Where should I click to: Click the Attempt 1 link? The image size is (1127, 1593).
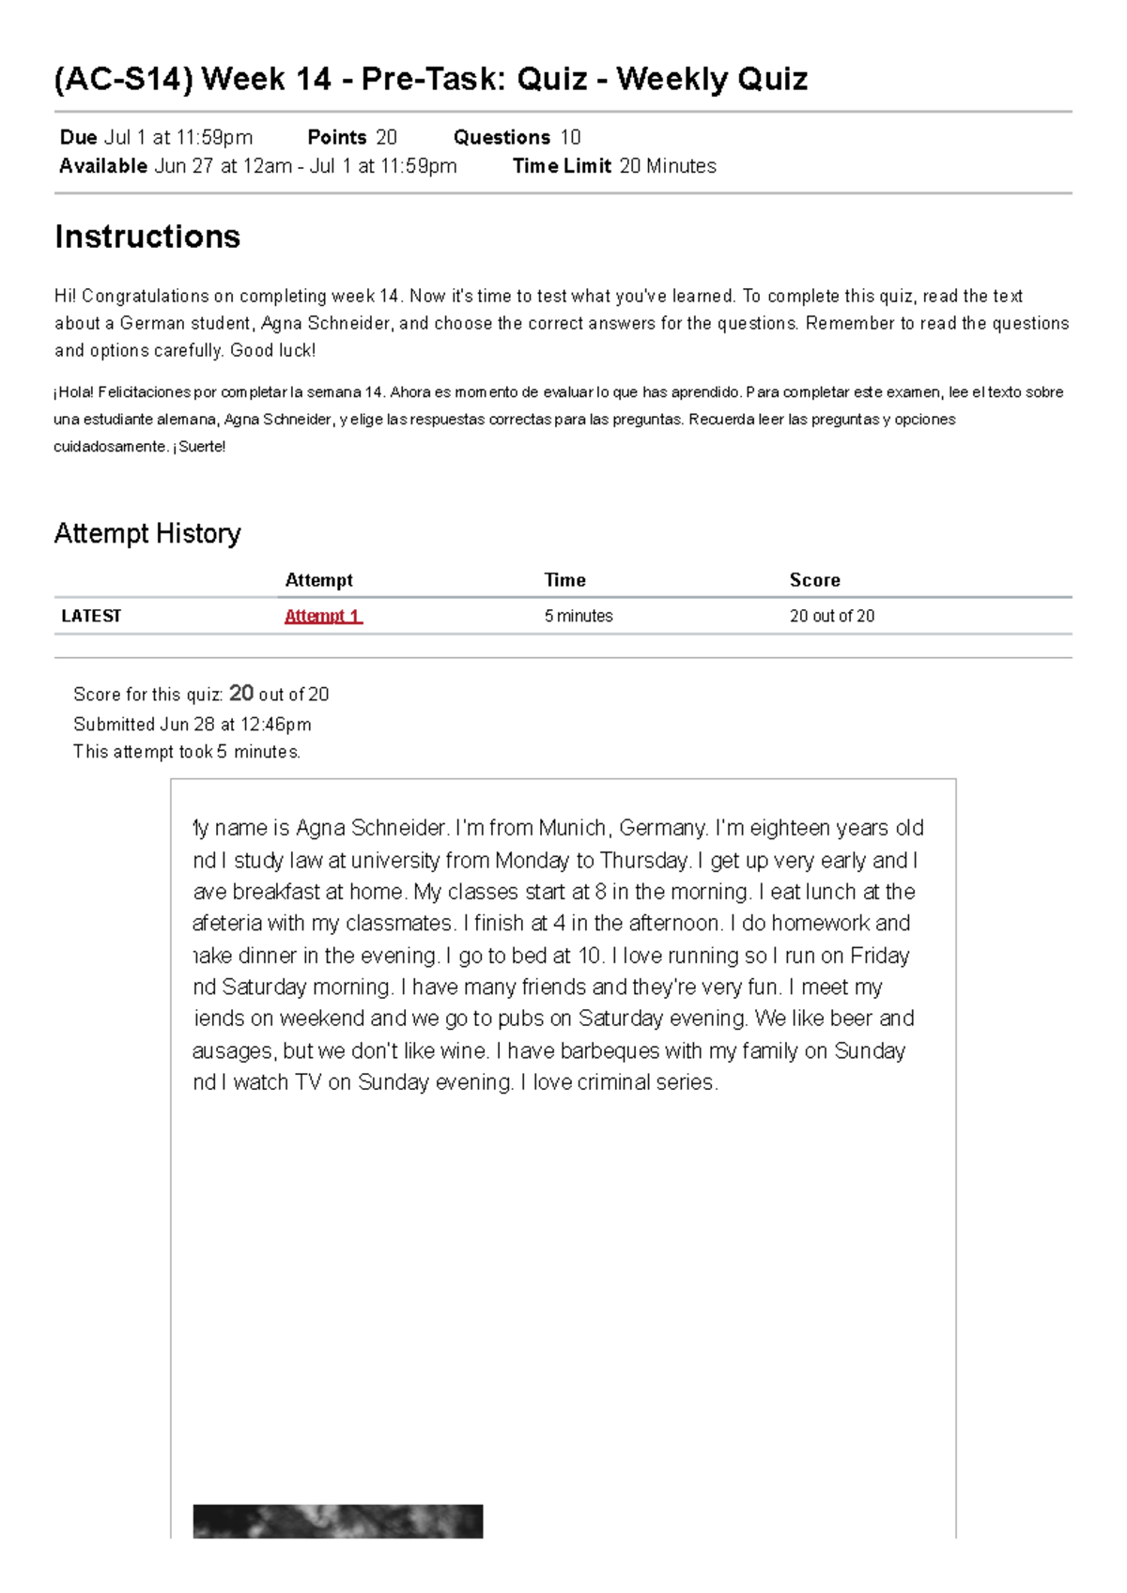point(322,616)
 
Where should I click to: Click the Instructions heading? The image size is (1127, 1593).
point(147,237)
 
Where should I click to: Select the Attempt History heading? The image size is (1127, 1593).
point(147,533)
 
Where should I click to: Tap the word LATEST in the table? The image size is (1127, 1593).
point(91,616)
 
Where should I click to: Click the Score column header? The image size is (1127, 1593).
point(814,580)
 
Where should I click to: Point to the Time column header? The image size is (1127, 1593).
point(564,580)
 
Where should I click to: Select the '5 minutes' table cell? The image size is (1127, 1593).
point(579,616)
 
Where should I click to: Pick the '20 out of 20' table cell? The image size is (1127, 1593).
point(831,616)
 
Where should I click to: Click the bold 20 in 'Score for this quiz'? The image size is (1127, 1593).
point(241,693)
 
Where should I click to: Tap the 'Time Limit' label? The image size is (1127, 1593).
point(562,166)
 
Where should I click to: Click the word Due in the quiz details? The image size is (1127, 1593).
point(78,137)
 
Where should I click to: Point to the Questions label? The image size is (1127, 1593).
point(502,137)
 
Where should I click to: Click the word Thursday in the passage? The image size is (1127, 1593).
point(643,860)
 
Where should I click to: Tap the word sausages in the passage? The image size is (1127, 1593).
point(233,1050)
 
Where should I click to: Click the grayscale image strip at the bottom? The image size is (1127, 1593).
point(337,1521)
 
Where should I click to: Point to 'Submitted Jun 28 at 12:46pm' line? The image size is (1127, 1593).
point(192,724)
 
